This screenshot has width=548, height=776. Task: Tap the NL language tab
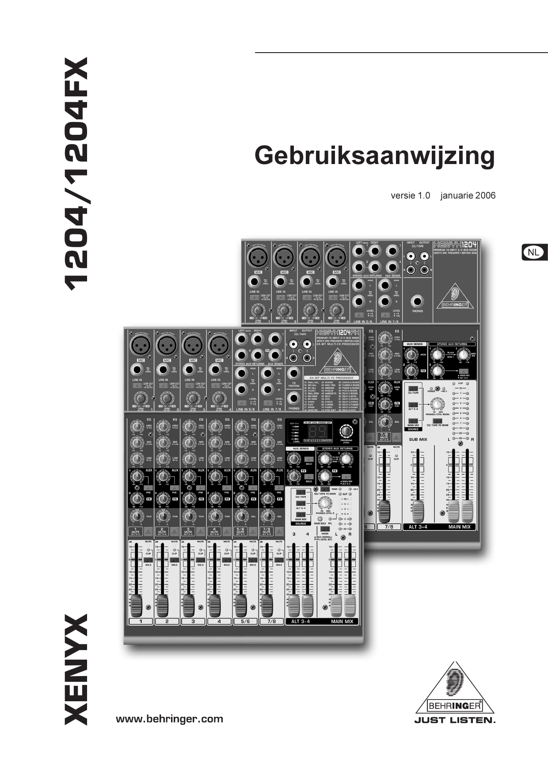pos(533,252)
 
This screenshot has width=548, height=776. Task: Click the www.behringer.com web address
pos(169,719)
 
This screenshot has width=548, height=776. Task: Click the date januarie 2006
pos(468,195)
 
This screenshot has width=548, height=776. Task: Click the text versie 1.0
pos(410,195)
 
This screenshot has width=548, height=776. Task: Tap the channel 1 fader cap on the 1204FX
pos(136,605)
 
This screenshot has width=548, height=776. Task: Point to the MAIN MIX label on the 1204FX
pos(342,621)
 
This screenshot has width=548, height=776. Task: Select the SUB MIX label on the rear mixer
pos(418,440)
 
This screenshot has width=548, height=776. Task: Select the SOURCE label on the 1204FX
pos(301,524)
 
